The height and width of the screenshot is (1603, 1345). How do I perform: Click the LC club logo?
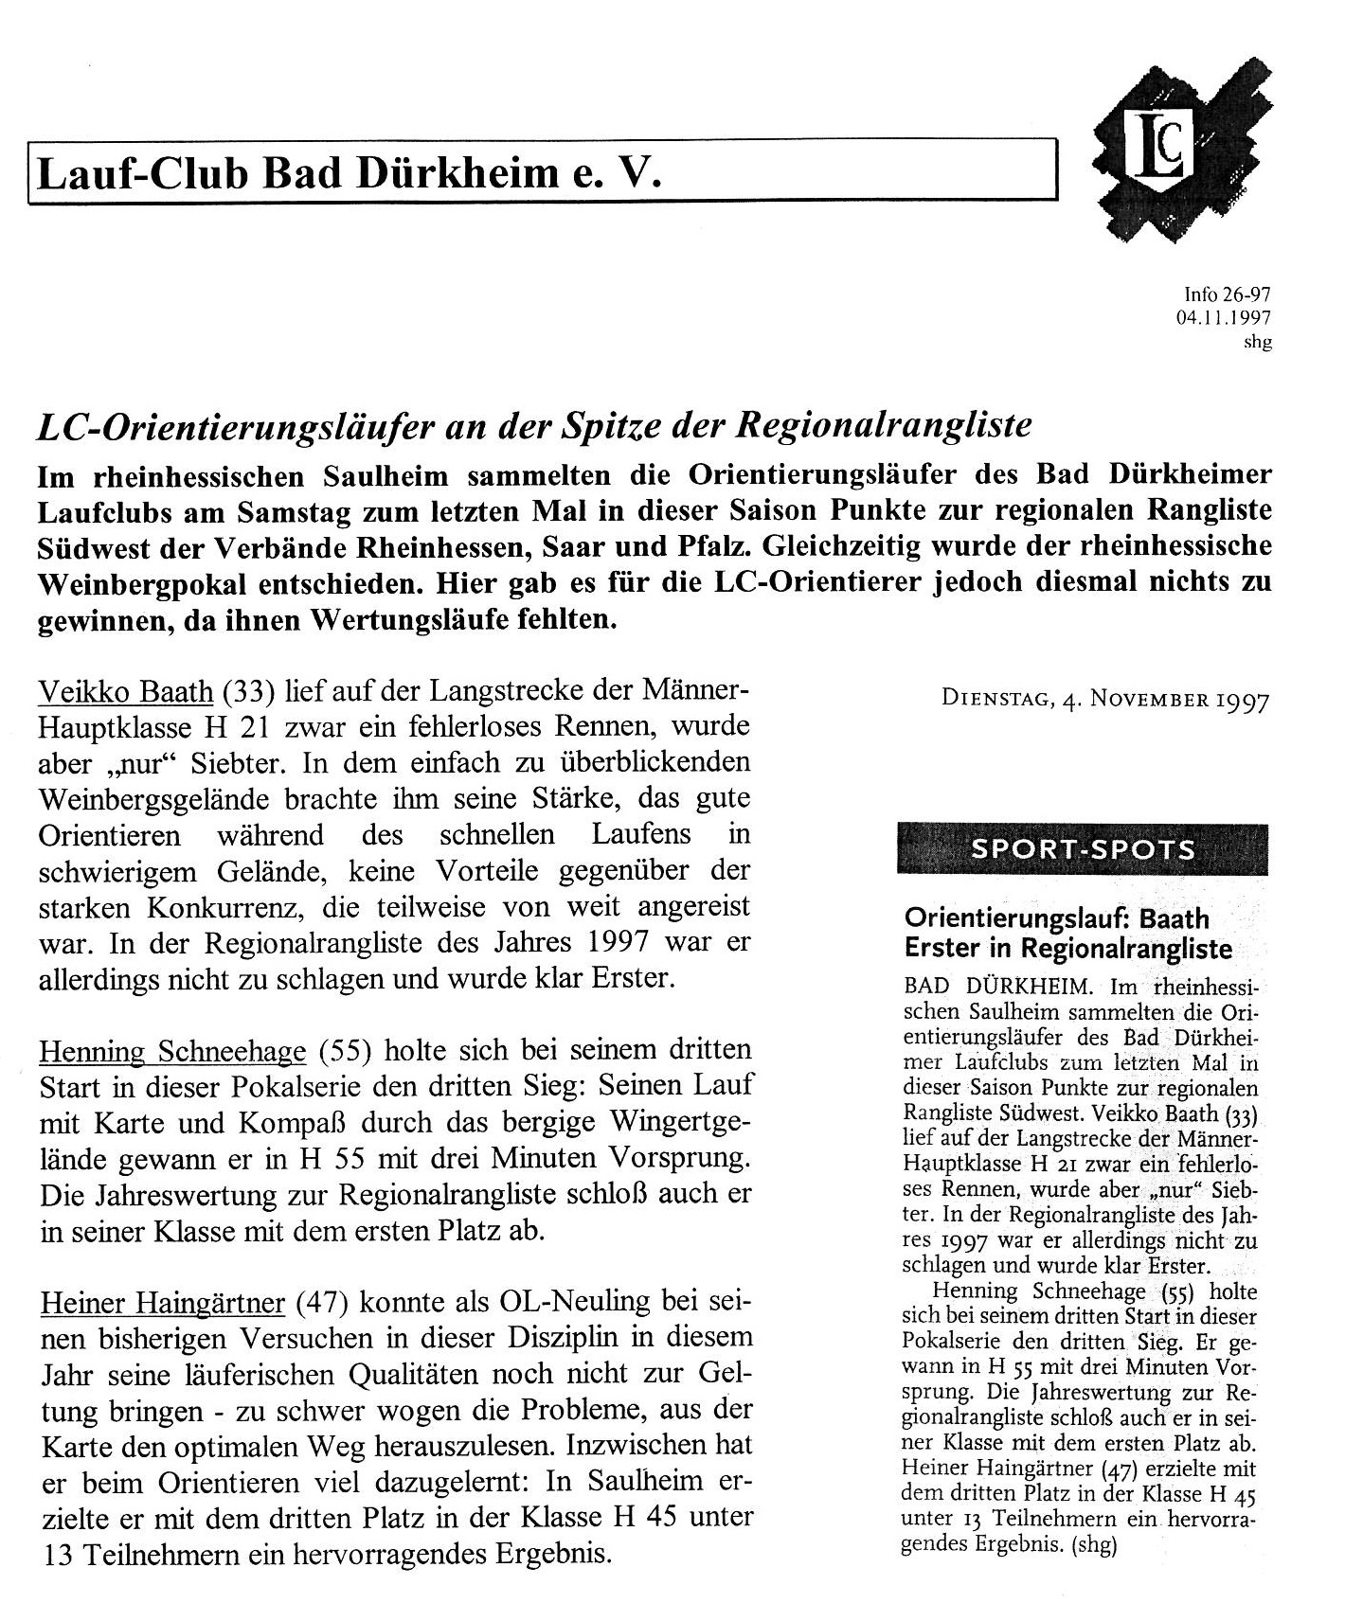1180,151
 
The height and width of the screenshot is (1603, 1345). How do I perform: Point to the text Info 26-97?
1227,295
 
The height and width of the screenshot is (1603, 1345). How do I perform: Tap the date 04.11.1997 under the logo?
1223,319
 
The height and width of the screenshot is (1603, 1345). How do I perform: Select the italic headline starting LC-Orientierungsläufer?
532,427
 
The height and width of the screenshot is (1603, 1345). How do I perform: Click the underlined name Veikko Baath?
125,692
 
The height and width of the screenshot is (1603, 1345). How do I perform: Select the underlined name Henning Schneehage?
172,1051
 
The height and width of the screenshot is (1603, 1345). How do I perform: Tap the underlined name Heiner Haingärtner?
162,1304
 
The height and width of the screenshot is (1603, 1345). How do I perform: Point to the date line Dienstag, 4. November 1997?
1104,700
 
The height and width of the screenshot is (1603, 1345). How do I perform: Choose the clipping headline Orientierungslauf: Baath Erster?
1068,933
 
